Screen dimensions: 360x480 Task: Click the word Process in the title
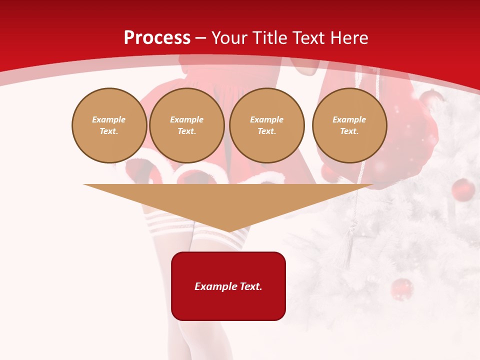[157, 38]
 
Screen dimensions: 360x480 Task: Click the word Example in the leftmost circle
[109, 120]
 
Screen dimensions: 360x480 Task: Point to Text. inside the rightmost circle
[349, 131]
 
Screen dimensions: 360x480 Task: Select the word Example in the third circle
[267, 120]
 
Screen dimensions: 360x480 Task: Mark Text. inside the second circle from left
[187, 131]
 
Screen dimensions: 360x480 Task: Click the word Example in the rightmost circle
[349, 120]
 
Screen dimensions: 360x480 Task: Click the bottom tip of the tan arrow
[229, 231]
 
